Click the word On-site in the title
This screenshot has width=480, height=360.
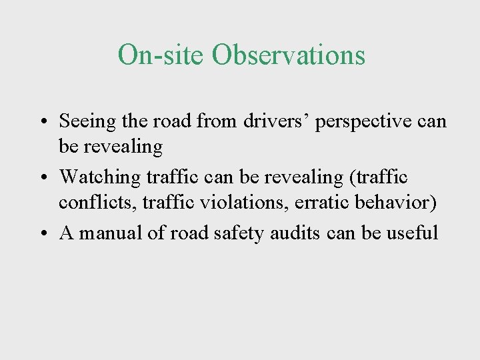pos(161,55)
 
